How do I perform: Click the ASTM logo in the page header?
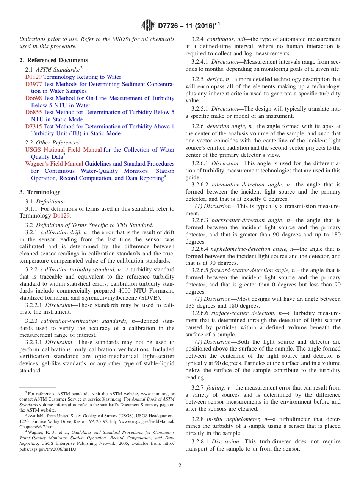[x=147, y=25]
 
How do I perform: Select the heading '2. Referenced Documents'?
[x=54, y=60]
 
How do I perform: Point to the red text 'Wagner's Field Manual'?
[x=54, y=164]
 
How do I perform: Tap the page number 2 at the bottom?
[x=180, y=466]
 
